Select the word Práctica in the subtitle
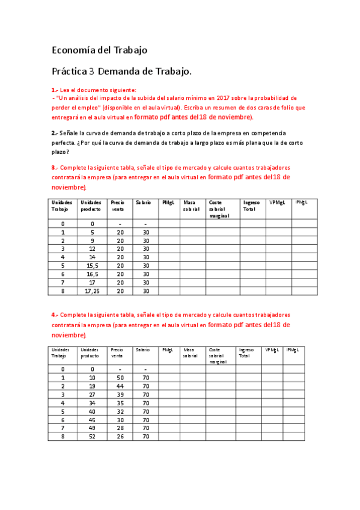pyautogui.click(x=69, y=72)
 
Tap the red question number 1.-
pyautogui.click(x=55, y=89)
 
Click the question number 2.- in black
pyautogui.click(x=55, y=133)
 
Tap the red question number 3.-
pyautogui.click(x=55, y=167)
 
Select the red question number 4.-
pyautogui.click(x=55, y=315)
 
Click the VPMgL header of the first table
pyautogui.click(x=277, y=203)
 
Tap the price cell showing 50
pyautogui.click(x=120, y=377)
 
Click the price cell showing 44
pyautogui.click(x=120, y=386)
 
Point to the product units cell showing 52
pyautogui.click(x=93, y=436)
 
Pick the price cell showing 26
pyautogui.click(x=120, y=436)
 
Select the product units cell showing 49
pyautogui.click(x=93, y=428)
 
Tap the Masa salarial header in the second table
pyautogui.click(x=191, y=353)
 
